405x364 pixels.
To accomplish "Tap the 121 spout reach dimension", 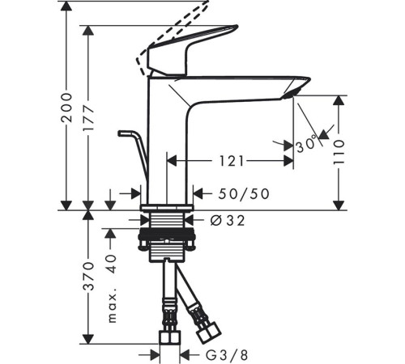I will (231, 162).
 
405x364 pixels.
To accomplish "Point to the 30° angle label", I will (307, 145).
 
